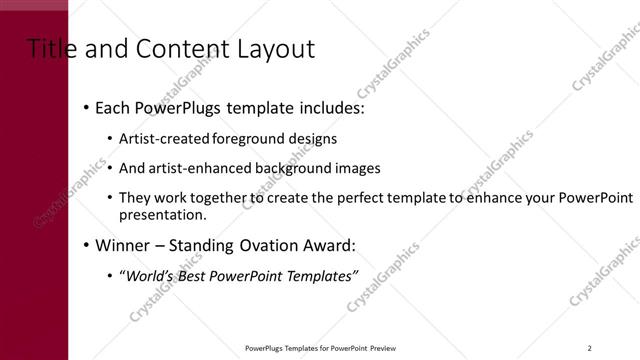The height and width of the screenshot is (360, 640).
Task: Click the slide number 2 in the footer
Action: click(x=590, y=348)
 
